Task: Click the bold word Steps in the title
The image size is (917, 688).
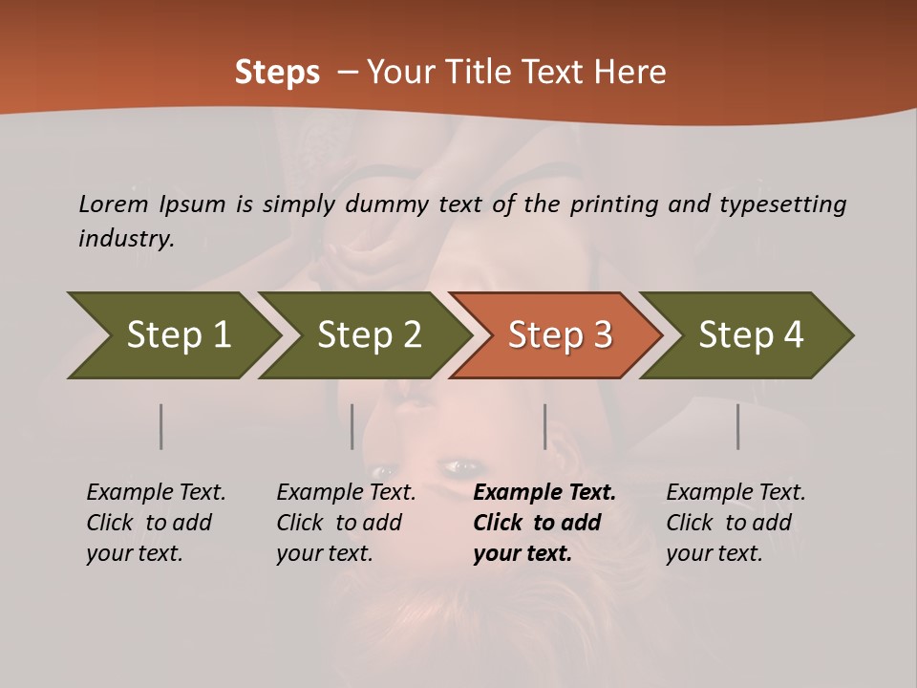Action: tap(277, 73)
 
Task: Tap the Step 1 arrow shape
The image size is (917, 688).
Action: tap(172, 335)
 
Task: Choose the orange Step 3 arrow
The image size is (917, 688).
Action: tap(559, 335)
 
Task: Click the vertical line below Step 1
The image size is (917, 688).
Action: tap(161, 426)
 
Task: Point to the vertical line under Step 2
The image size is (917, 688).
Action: tap(352, 426)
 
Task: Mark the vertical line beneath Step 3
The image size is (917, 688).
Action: tap(544, 426)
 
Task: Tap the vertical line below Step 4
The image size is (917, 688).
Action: tap(738, 426)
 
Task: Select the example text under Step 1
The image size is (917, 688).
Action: tap(155, 523)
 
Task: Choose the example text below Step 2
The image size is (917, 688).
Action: tap(345, 523)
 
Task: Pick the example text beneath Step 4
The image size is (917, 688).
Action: tap(735, 523)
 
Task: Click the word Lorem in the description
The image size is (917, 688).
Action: tap(114, 204)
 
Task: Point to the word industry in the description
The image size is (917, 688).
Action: tap(126, 239)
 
